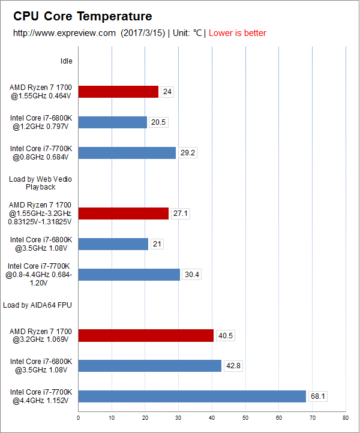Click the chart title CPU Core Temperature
coord(83,16)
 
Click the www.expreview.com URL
coord(64,33)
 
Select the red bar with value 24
coord(118,92)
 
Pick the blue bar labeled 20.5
coord(113,122)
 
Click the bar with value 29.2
coord(127,153)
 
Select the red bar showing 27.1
coord(124,214)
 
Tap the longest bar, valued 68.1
coord(192,396)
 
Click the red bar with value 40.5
coord(146,336)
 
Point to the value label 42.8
coord(233,366)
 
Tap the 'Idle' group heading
coord(67,61)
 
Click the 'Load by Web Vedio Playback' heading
coord(40,183)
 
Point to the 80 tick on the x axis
coord(345,417)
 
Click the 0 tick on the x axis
coord(79,417)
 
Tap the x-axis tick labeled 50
coord(245,417)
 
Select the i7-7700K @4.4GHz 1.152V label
coord(40,396)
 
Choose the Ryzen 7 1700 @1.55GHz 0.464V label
coord(40,92)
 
